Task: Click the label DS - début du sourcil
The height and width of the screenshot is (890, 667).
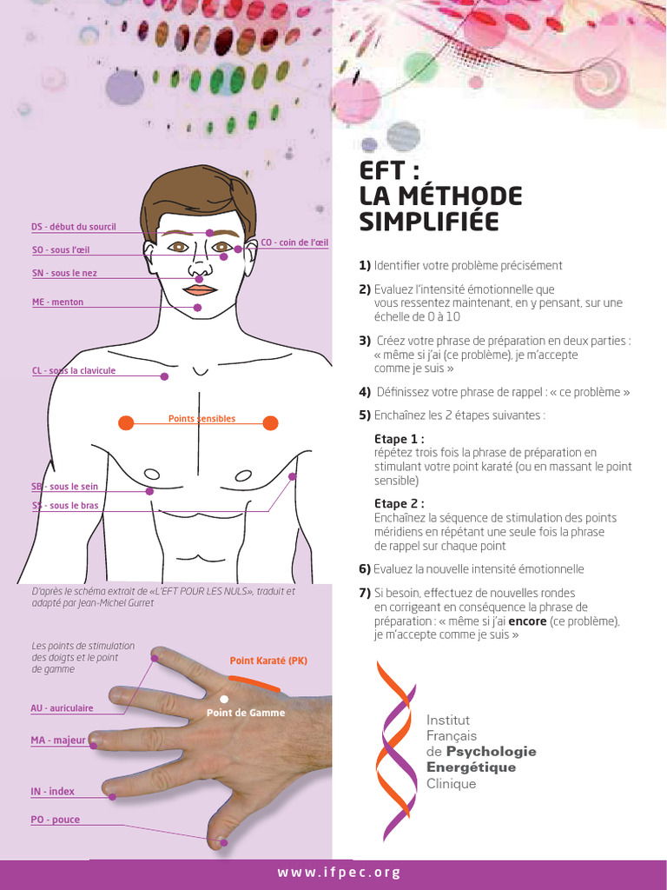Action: (74, 227)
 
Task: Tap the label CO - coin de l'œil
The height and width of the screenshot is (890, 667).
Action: (294, 242)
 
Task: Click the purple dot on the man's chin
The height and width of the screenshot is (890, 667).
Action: (198, 308)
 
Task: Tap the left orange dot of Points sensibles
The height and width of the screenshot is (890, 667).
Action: (126, 423)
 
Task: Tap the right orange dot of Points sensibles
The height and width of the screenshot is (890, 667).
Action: (270, 423)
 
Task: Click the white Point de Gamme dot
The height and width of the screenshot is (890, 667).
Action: (224, 699)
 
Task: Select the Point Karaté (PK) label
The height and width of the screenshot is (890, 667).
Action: (268, 661)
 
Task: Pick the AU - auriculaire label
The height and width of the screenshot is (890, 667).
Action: (62, 708)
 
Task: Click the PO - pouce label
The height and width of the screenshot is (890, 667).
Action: (55, 820)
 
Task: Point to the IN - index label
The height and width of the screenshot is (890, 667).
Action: (53, 792)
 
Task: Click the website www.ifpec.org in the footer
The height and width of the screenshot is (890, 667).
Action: (340, 873)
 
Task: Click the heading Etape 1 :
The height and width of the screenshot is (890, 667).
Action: (399, 439)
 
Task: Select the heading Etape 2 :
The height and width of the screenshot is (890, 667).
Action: (399, 503)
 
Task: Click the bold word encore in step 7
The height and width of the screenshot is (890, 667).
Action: (527, 621)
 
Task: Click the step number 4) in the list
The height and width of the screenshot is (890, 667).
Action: (365, 392)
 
